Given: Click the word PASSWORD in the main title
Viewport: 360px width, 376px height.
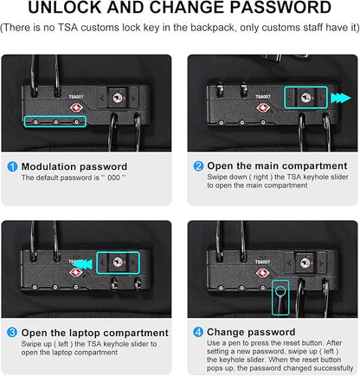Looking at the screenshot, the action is click(280, 8).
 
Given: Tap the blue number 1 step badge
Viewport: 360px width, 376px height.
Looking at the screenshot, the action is click(12, 166).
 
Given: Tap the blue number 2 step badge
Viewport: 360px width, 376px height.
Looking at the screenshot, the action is click(198, 166).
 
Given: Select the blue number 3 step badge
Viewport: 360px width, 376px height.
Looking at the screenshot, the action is click(12, 333).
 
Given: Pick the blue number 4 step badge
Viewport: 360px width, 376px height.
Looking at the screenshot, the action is click(198, 332).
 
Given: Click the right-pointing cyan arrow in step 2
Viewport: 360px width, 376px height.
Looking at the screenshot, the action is click(341, 98).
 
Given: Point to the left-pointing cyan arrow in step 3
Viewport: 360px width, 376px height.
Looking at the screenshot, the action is click(82, 264).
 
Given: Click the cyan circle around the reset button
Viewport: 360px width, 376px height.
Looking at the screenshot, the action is click(280, 290).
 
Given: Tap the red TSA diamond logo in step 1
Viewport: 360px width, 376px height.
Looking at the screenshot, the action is click(76, 108).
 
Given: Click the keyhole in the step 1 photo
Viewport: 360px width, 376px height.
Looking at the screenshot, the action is click(118, 97).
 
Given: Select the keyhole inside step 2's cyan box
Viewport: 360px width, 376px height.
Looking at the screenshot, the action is click(305, 97).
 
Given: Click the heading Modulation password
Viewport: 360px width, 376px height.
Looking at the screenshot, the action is click(74, 166).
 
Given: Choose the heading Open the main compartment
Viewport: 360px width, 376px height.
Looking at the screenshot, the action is click(277, 166).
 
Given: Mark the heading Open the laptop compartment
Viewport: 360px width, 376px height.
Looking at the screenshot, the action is click(95, 333).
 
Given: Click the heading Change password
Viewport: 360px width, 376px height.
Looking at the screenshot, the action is click(251, 332).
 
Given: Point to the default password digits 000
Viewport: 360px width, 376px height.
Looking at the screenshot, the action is click(113, 178).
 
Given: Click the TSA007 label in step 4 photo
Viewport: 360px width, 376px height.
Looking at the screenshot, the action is click(262, 262).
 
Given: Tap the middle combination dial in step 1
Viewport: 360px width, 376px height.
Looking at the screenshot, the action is click(55, 122).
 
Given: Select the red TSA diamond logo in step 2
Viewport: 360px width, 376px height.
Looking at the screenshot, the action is click(263, 108).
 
